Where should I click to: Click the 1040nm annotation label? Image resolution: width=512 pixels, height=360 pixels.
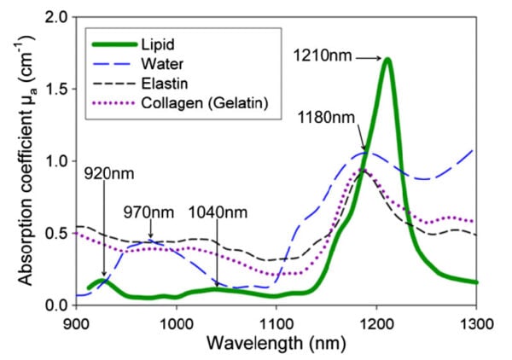(215, 207)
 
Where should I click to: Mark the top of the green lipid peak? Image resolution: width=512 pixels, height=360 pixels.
(388, 60)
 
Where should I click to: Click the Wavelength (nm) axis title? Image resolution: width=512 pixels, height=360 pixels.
(276, 344)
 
